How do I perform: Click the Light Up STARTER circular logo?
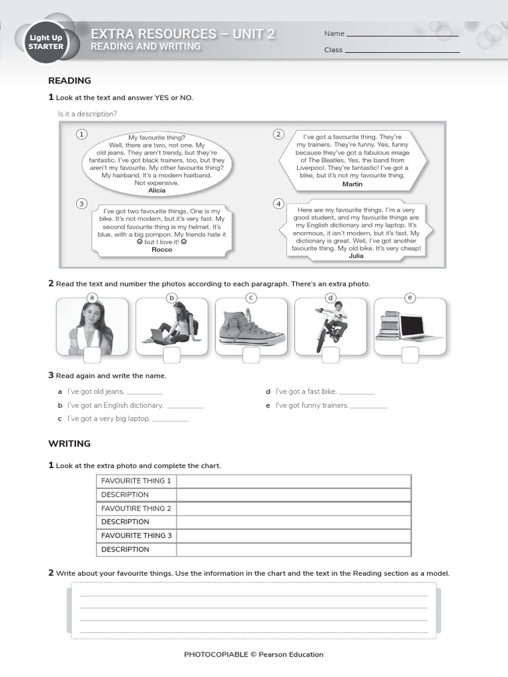(46, 42)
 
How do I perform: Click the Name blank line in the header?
(402, 35)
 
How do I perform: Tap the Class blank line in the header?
(402, 52)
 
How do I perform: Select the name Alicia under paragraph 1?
(157, 190)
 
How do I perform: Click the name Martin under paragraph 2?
(353, 184)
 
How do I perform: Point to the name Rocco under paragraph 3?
(161, 250)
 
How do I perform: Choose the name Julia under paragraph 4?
(356, 256)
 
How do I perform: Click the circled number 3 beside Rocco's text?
(81, 204)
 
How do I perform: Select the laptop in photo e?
(419, 327)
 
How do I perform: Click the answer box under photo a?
(92, 355)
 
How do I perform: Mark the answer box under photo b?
(171, 355)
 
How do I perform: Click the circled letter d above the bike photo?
(331, 298)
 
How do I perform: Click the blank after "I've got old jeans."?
(144, 393)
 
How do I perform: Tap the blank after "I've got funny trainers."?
(368, 407)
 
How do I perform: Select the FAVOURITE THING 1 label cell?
(136, 481)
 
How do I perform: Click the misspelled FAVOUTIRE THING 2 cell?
(136, 508)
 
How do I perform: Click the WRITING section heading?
(69, 444)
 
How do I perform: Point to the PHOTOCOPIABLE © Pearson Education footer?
(254, 655)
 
